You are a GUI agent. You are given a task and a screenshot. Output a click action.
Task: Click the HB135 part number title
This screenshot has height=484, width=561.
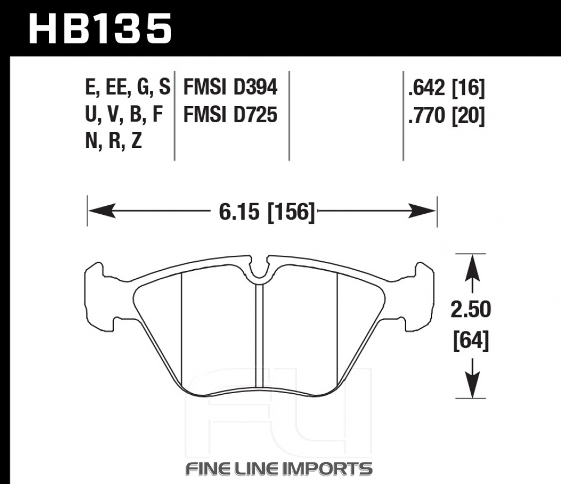click(x=100, y=29)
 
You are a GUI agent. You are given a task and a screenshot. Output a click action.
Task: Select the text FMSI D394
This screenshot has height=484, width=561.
click(x=230, y=87)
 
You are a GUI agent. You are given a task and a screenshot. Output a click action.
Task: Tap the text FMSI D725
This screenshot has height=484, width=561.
click(x=230, y=115)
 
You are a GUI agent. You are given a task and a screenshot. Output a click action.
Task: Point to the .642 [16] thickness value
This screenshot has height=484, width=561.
click(x=447, y=88)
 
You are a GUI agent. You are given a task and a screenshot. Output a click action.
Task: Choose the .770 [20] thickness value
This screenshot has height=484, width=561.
click(x=447, y=116)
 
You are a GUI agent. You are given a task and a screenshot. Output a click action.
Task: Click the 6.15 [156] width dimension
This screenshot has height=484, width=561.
click(x=267, y=212)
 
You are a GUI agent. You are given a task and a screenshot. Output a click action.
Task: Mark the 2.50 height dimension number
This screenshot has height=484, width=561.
click(x=471, y=310)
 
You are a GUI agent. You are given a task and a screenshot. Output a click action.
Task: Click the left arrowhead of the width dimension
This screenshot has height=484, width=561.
click(x=102, y=211)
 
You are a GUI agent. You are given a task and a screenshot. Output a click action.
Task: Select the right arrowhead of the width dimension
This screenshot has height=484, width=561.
click(x=422, y=211)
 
